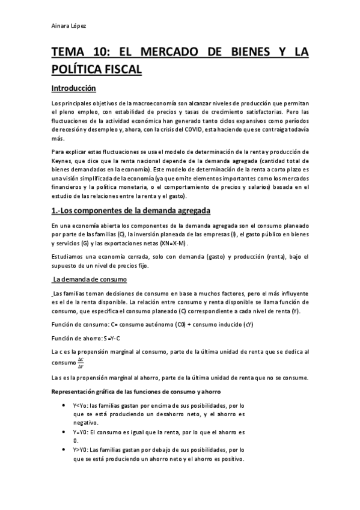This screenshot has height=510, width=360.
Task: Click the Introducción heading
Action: coord(73,88)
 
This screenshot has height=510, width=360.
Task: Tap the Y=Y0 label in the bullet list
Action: coord(81,432)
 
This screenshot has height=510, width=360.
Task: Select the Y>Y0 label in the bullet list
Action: coord(81,449)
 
